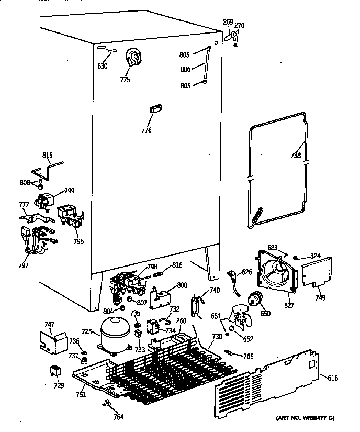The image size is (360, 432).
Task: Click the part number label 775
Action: (125, 80)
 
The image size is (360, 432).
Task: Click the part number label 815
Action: (48, 155)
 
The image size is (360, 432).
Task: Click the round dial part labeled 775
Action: (134, 57)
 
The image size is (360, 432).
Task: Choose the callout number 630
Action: (102, 66)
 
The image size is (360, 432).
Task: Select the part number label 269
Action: (228, 21)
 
